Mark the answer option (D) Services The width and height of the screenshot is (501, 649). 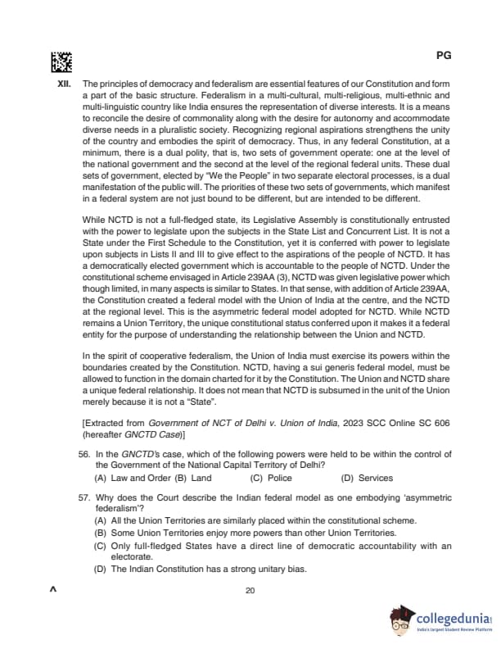[366, 478]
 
